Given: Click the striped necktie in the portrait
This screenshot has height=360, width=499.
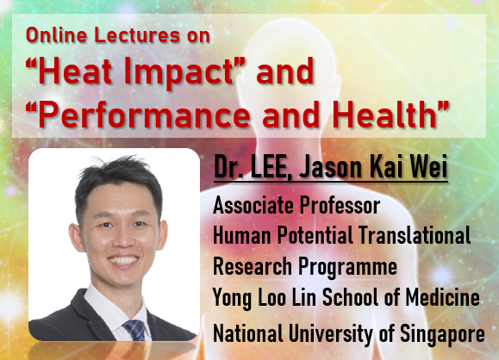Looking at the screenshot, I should coord(133,329).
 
